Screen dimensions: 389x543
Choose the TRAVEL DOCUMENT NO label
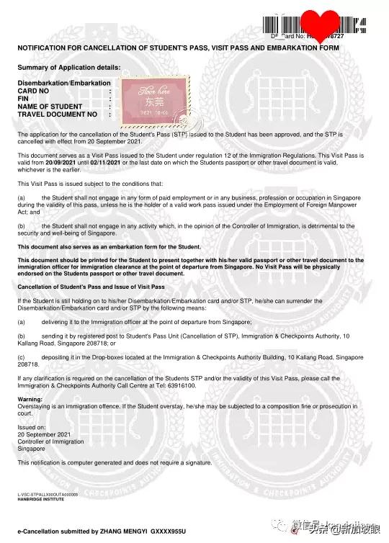[x=57, y=114]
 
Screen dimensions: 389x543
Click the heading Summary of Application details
[x=69, y=67]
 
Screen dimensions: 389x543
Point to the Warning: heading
[x=30, y=399]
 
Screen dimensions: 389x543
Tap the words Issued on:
[x=32, y=427]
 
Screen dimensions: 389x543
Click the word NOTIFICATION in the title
[x=44, y=48]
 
